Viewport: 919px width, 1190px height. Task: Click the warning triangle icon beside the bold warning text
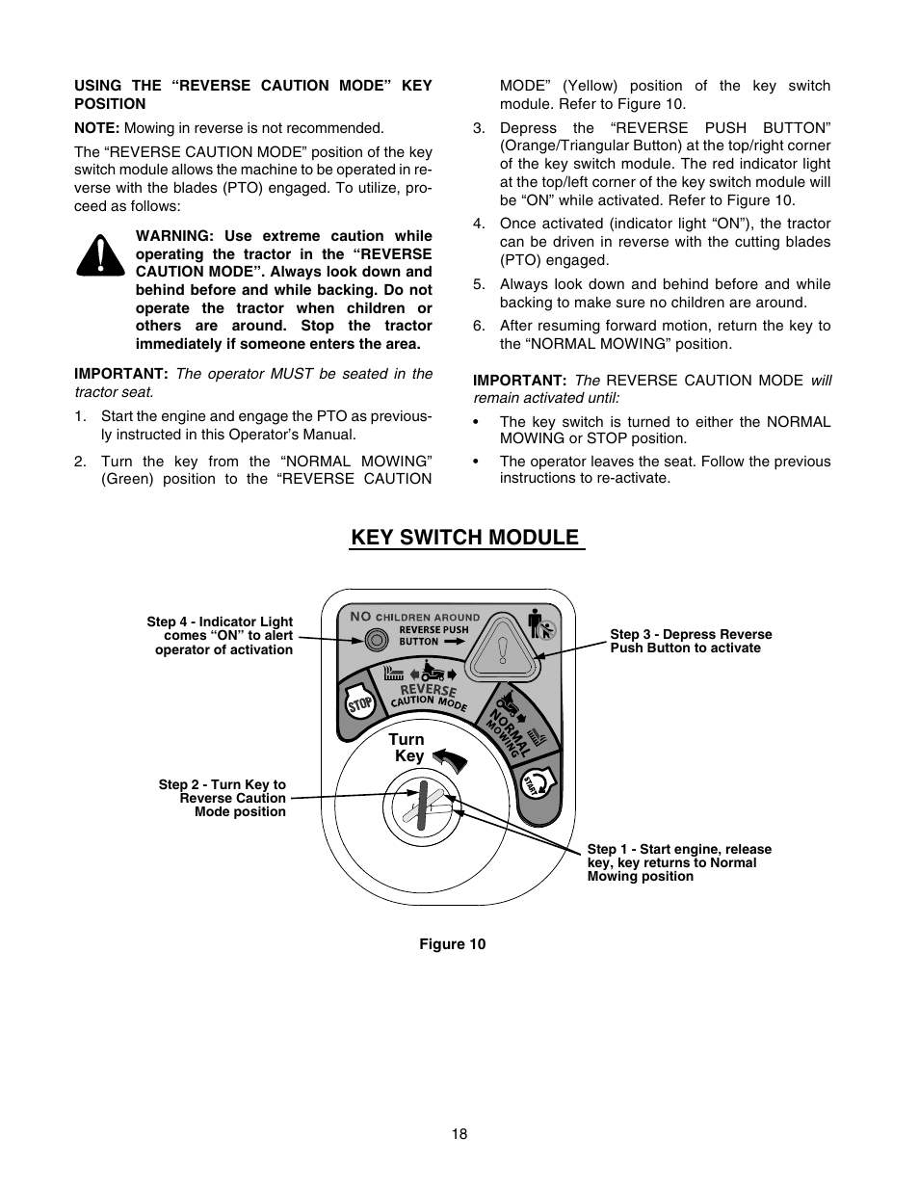pyautogui.click(x=101, y=255)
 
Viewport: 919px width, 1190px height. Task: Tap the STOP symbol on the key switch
pyautogui.click(x=359, y=704)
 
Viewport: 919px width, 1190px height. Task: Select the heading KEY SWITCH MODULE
pyautogui.click(x=466, y=538)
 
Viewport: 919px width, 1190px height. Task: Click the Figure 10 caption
pyautogui.click(x=453, y=944)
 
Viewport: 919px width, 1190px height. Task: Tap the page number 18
pyautogui.click(x=459, y=1134)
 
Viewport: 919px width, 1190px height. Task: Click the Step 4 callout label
pyautogui.click(x=221, y=636)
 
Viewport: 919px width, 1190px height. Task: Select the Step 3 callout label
pyautogui.click(x=691, y=641)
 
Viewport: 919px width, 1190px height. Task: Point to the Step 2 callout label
pyautogui.click(x=223, y=798)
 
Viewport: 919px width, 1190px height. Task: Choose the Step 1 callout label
pyautogui.click(x=679, y=862)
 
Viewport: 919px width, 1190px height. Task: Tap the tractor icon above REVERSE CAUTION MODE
pyautogui.click(x=432, y=672)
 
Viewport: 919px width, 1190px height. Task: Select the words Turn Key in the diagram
pyautogui.click(x=407, y=748)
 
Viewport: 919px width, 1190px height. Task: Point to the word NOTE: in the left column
pyautogui.click(x=97, y=128)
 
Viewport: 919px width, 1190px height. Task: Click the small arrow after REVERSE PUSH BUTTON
pyautogui.click(x=455, y=641)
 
